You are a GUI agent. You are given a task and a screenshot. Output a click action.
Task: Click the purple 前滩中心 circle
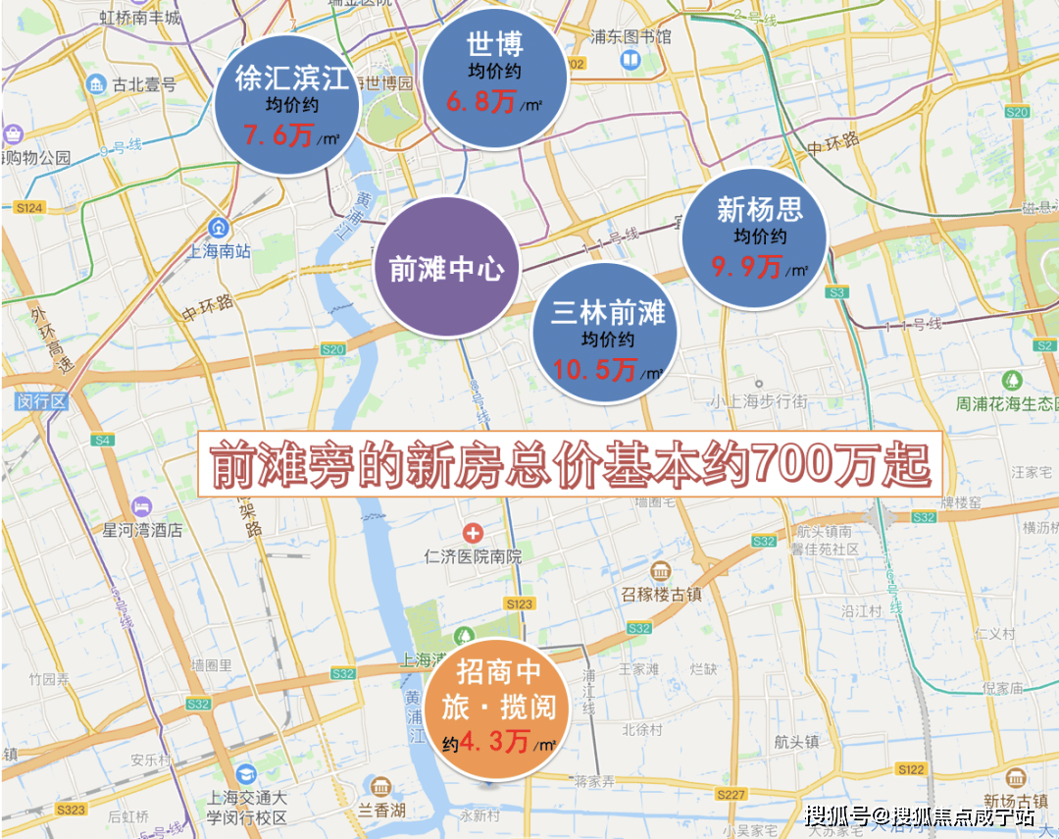pyautogui.click(x=447, y=267)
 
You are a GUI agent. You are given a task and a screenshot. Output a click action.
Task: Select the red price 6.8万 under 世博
pyautogui.click(x=480, y=101)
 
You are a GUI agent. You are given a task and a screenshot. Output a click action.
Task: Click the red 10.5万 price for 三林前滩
pyautogui.click(x=594, y=370)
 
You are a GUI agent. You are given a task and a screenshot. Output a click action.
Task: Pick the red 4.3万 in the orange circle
pyautogui.click(x=495, y=742)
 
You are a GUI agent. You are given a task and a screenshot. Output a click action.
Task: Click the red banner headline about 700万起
pyautogui.click(x=570, y=466)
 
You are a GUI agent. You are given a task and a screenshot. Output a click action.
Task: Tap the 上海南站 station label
pyautogui.click(x=220, y=251)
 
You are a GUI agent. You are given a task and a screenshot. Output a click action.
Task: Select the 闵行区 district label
pyautogui.click(x=40, y=400)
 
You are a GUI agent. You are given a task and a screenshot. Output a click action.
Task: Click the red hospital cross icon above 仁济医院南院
pyautogui.click(x=474, y=534)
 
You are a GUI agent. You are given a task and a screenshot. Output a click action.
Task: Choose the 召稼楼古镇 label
pyautogui.click(x=662, y=594)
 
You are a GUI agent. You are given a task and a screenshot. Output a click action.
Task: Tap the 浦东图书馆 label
pyautogui.click(x=630, y=37)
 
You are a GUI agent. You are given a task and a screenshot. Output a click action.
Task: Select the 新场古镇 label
pyautogui.click(x=1017, y=799)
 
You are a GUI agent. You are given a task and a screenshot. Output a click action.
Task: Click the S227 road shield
pyautogui.click(x=731, y=794)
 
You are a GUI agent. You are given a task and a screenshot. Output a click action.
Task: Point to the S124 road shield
pyautogui.click(x=30, y=208)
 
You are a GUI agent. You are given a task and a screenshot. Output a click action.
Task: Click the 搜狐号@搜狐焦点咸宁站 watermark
pyautogui.click(x=919, y=815)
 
